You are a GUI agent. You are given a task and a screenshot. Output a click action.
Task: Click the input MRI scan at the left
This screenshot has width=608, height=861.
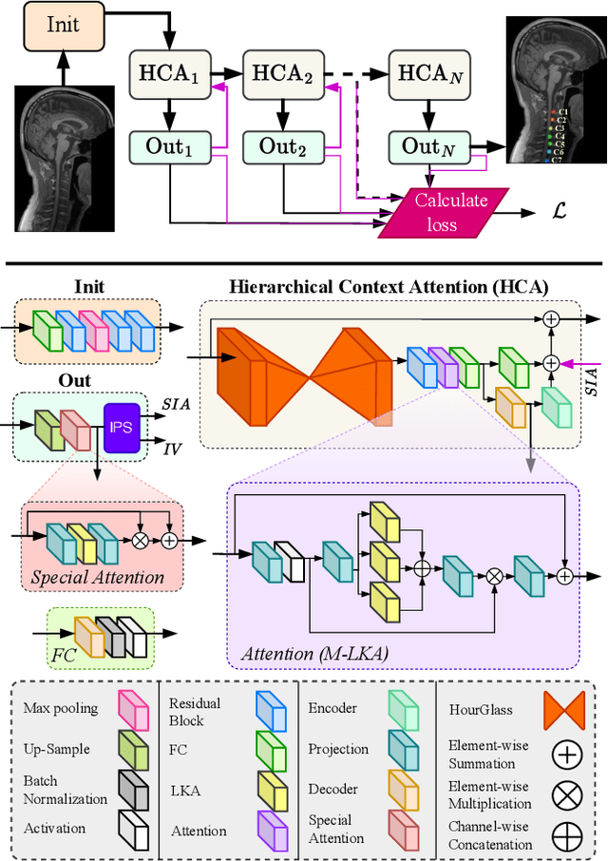[64, 158]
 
